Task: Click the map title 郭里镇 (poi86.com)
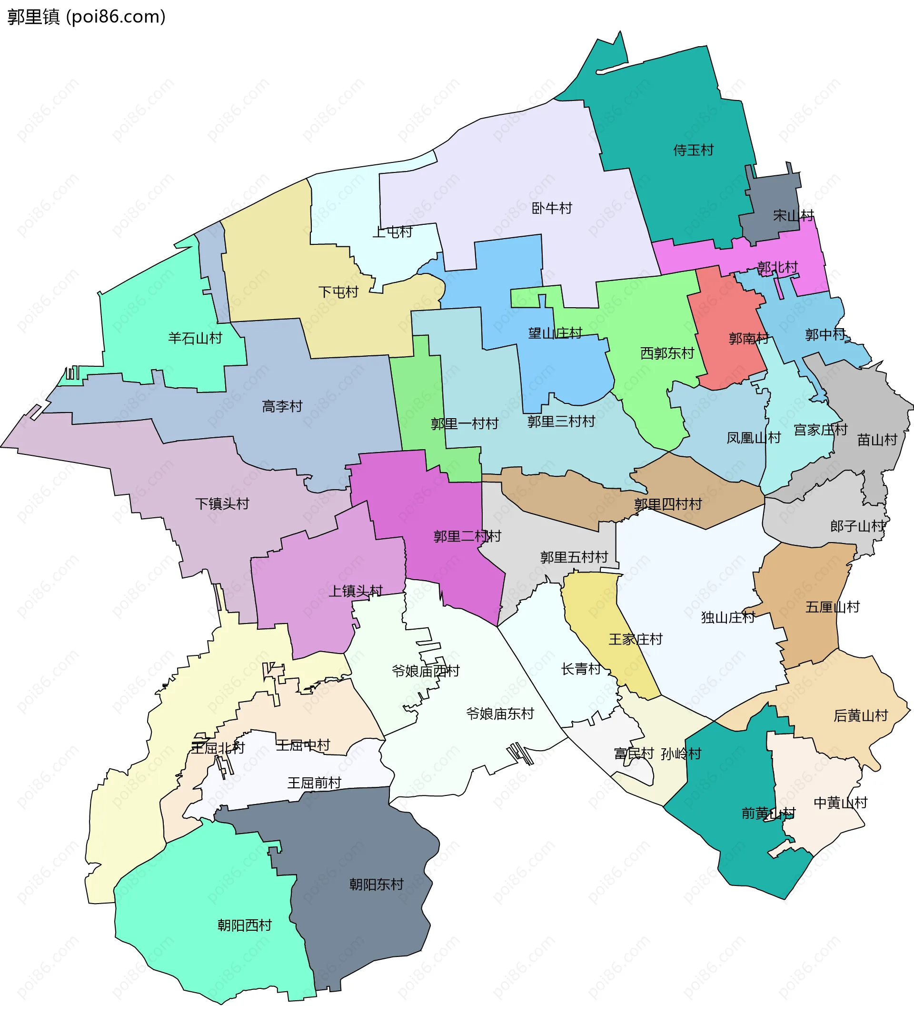click(86, 17)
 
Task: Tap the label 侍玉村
click(693, 150)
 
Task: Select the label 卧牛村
click(551, 208)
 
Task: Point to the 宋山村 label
click(793, 215)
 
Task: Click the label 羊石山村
click(195, 338)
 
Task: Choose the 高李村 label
click(282, 406)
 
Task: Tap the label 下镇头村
click(222, 503)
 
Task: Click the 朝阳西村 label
click(244, 925)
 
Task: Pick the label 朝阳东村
click(376, 885)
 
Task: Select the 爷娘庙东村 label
click(499, 714)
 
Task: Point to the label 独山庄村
click(727, 617)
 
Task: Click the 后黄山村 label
click(860, 715)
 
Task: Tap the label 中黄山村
click(840, 803)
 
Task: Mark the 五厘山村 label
click(832, 607)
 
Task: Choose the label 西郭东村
click(667, 353)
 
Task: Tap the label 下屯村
click(338, 292)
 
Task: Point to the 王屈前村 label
click(314, 783)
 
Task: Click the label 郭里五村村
click(574, 557)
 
